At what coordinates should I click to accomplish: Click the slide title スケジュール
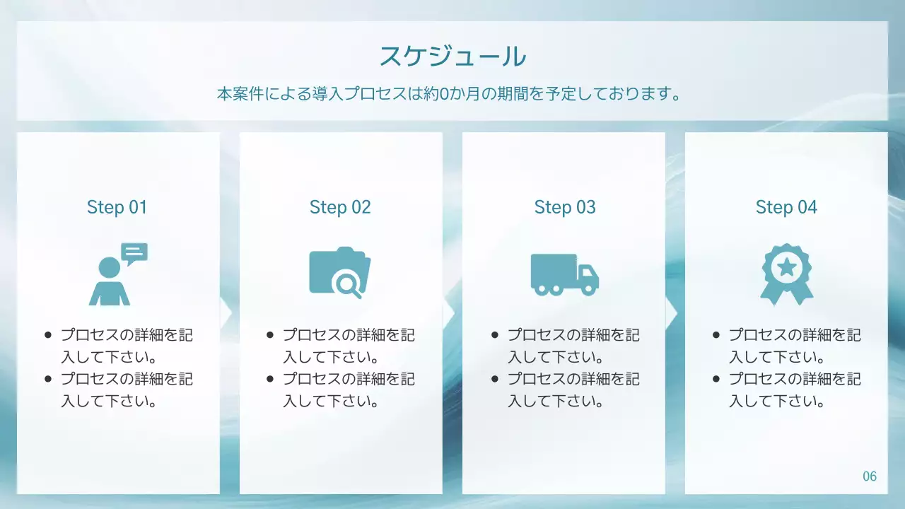click(452, 56)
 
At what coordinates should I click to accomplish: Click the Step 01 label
click(117, 207)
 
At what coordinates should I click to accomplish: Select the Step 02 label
click(340, 207)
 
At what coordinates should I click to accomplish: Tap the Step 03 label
click(565, 207)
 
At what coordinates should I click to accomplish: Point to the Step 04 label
click(786, 207)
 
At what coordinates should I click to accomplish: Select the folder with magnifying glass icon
click(340, 272)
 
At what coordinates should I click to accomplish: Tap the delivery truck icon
click(564, 274)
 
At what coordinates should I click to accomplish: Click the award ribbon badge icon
click(787, 274)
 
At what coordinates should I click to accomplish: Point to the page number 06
click(870, 476)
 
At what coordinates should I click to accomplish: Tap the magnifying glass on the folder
click(348, 284)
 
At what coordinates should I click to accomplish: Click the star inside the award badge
click(787, 267)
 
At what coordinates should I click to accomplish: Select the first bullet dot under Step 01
click(48, 335)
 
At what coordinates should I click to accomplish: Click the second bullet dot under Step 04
click(716, 379)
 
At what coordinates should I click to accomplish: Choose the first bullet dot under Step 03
click(495, 335)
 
